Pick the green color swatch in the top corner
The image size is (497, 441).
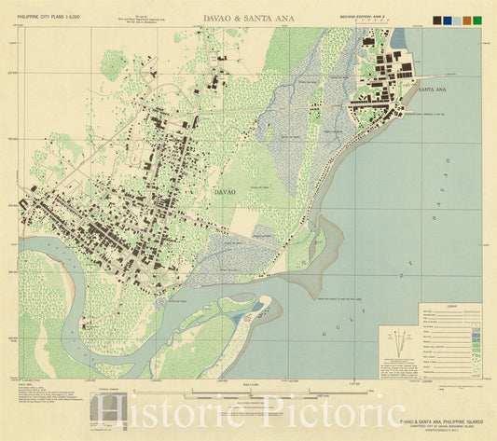(x=477, y=20)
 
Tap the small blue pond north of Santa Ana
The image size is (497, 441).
(x=399, y=38)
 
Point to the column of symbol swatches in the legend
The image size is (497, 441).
(x=476, y=340)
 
